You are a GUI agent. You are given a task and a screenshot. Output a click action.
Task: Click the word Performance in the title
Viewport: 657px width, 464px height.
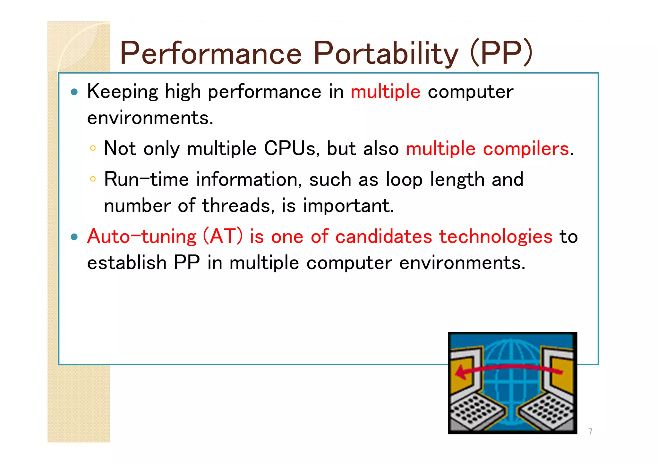click(x=211, y=53)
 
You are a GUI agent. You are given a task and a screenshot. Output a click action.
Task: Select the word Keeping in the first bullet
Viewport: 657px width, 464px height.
click(x=122, y=92)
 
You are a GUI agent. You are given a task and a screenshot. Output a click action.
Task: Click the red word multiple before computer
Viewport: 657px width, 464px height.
click(x=385, y=92)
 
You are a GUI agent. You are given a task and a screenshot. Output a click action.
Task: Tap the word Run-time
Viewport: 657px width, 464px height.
click(x=146, y=179)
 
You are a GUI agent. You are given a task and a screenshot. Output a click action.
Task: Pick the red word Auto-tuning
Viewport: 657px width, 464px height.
click(x=141, y=237)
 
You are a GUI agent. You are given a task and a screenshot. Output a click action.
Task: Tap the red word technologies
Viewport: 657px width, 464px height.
click(x=496, y=237)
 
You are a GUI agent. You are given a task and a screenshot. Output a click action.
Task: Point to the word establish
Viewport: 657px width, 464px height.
click(x=127, y=263)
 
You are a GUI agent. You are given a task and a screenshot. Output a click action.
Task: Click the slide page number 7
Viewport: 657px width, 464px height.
click(x=590, y=432)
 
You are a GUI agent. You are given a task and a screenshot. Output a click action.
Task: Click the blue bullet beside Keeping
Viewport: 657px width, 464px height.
click(x=74, y=92)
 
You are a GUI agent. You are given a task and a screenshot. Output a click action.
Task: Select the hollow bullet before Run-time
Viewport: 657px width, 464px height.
click(x=93, y=179)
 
